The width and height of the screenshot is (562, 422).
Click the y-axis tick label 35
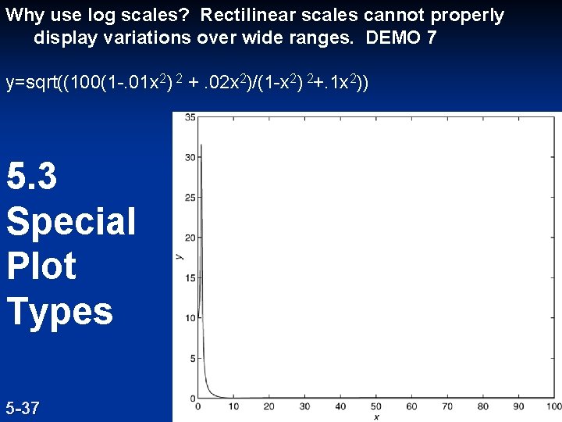point(190,117)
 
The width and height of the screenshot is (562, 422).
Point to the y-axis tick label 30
point(190,157)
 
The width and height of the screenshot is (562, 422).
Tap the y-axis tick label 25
point(190,198)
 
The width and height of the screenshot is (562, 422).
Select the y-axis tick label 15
point(190,278)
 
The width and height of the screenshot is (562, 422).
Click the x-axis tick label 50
point(376,406)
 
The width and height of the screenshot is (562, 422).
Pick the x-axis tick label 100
point(553,406)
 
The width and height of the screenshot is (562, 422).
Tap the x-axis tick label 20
point(269,406)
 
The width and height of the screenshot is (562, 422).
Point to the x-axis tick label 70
point(447,406)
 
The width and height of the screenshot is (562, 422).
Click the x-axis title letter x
point(376,417)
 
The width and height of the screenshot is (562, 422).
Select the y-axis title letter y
point(179,256)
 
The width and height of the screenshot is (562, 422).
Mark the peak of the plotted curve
point(201,145)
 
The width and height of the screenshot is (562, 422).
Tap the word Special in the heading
point(71,221)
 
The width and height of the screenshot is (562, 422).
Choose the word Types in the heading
point(60,311)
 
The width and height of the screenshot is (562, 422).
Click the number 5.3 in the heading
point(32,177)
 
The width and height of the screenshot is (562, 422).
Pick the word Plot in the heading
point(41,266)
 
